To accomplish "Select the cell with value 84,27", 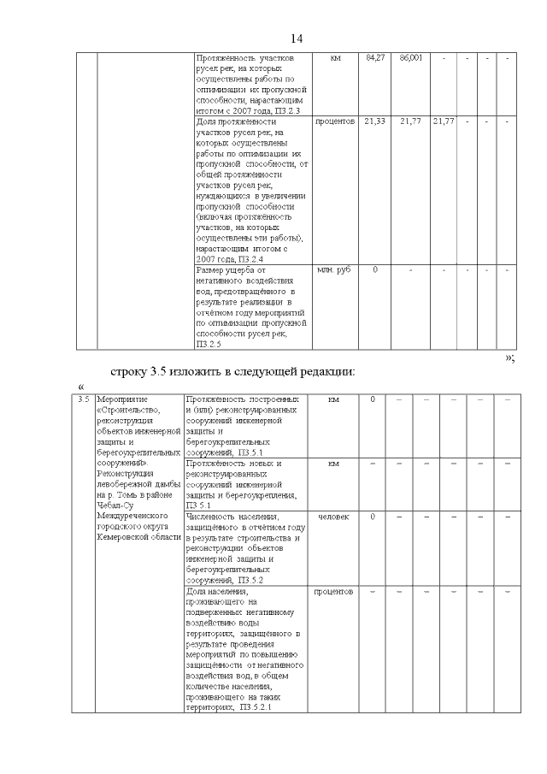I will click(x=375, y=57).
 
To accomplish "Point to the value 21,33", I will click(x=375, y=121).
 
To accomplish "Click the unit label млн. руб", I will click(x=334, y=270).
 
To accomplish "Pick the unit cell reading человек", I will click(x=333, y=517).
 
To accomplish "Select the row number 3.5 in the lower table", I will click(x=83, y=399).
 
